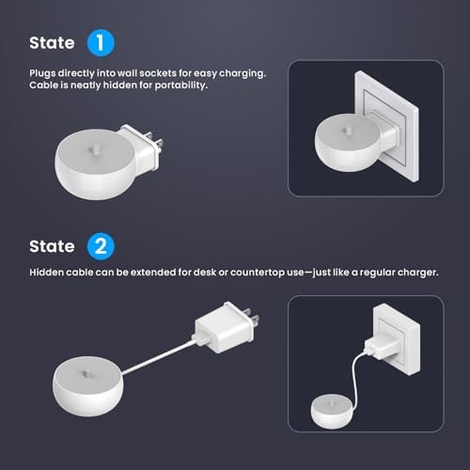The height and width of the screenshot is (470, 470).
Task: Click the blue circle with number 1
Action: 101,43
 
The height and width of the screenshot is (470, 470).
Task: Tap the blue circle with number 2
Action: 101,246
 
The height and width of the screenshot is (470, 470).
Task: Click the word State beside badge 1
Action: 52,43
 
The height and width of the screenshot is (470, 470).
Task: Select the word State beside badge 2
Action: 52,246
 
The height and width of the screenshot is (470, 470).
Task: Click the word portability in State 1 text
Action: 180,86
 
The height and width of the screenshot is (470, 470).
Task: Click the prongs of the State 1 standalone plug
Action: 155,142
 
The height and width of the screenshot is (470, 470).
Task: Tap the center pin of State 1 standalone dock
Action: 94,149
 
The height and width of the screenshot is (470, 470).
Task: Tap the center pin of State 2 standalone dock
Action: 86,373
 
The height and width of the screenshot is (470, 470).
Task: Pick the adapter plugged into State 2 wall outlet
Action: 381,347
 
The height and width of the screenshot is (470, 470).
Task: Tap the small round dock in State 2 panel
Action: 332,411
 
